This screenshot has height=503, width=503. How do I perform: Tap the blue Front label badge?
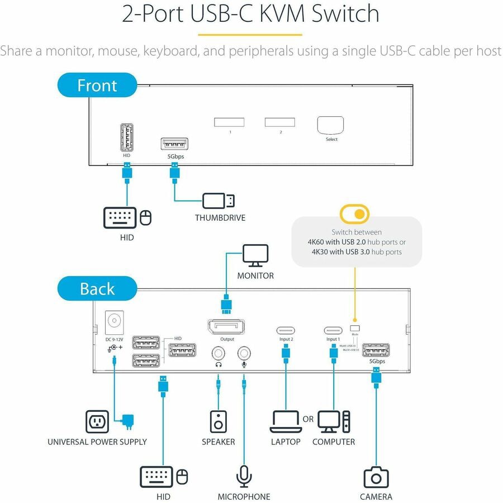click(97, 86)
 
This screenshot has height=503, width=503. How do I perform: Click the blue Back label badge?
click(97, 289)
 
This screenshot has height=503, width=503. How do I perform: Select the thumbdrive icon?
click(219, 201)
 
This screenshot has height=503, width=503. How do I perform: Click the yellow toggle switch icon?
click(354, 213)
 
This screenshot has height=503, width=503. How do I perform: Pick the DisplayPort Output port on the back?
click(227, 326)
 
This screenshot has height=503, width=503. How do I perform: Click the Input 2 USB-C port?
click(286, 330)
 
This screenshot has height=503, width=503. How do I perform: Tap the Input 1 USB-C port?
click(334, 330)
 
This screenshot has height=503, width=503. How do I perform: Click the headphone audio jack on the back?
click(218, 353)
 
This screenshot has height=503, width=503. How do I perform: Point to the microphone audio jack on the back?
click(244, 353)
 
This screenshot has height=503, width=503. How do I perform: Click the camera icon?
click(376, 477)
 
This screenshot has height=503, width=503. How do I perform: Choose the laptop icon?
click(286, 422)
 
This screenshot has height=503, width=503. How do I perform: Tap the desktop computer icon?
click(334, 422)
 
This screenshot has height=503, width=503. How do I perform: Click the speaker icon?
click(218, 421)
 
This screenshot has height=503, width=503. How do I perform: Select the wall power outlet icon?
click(97, 421)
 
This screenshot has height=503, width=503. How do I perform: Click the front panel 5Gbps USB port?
click(174, 144)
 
